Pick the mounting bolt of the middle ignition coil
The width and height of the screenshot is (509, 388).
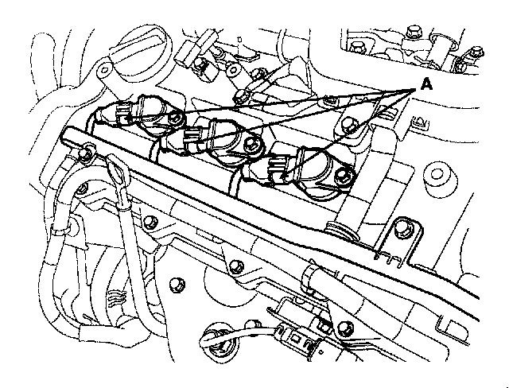pyautogui.click(x=254, y=144)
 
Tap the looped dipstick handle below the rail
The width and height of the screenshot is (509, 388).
pyautogui.click(x=116, y=172)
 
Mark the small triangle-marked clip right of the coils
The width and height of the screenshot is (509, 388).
pyautogui.click(x=417, y=124)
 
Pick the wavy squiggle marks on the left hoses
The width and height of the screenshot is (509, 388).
pyautogui.click(x=116, y=301)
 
